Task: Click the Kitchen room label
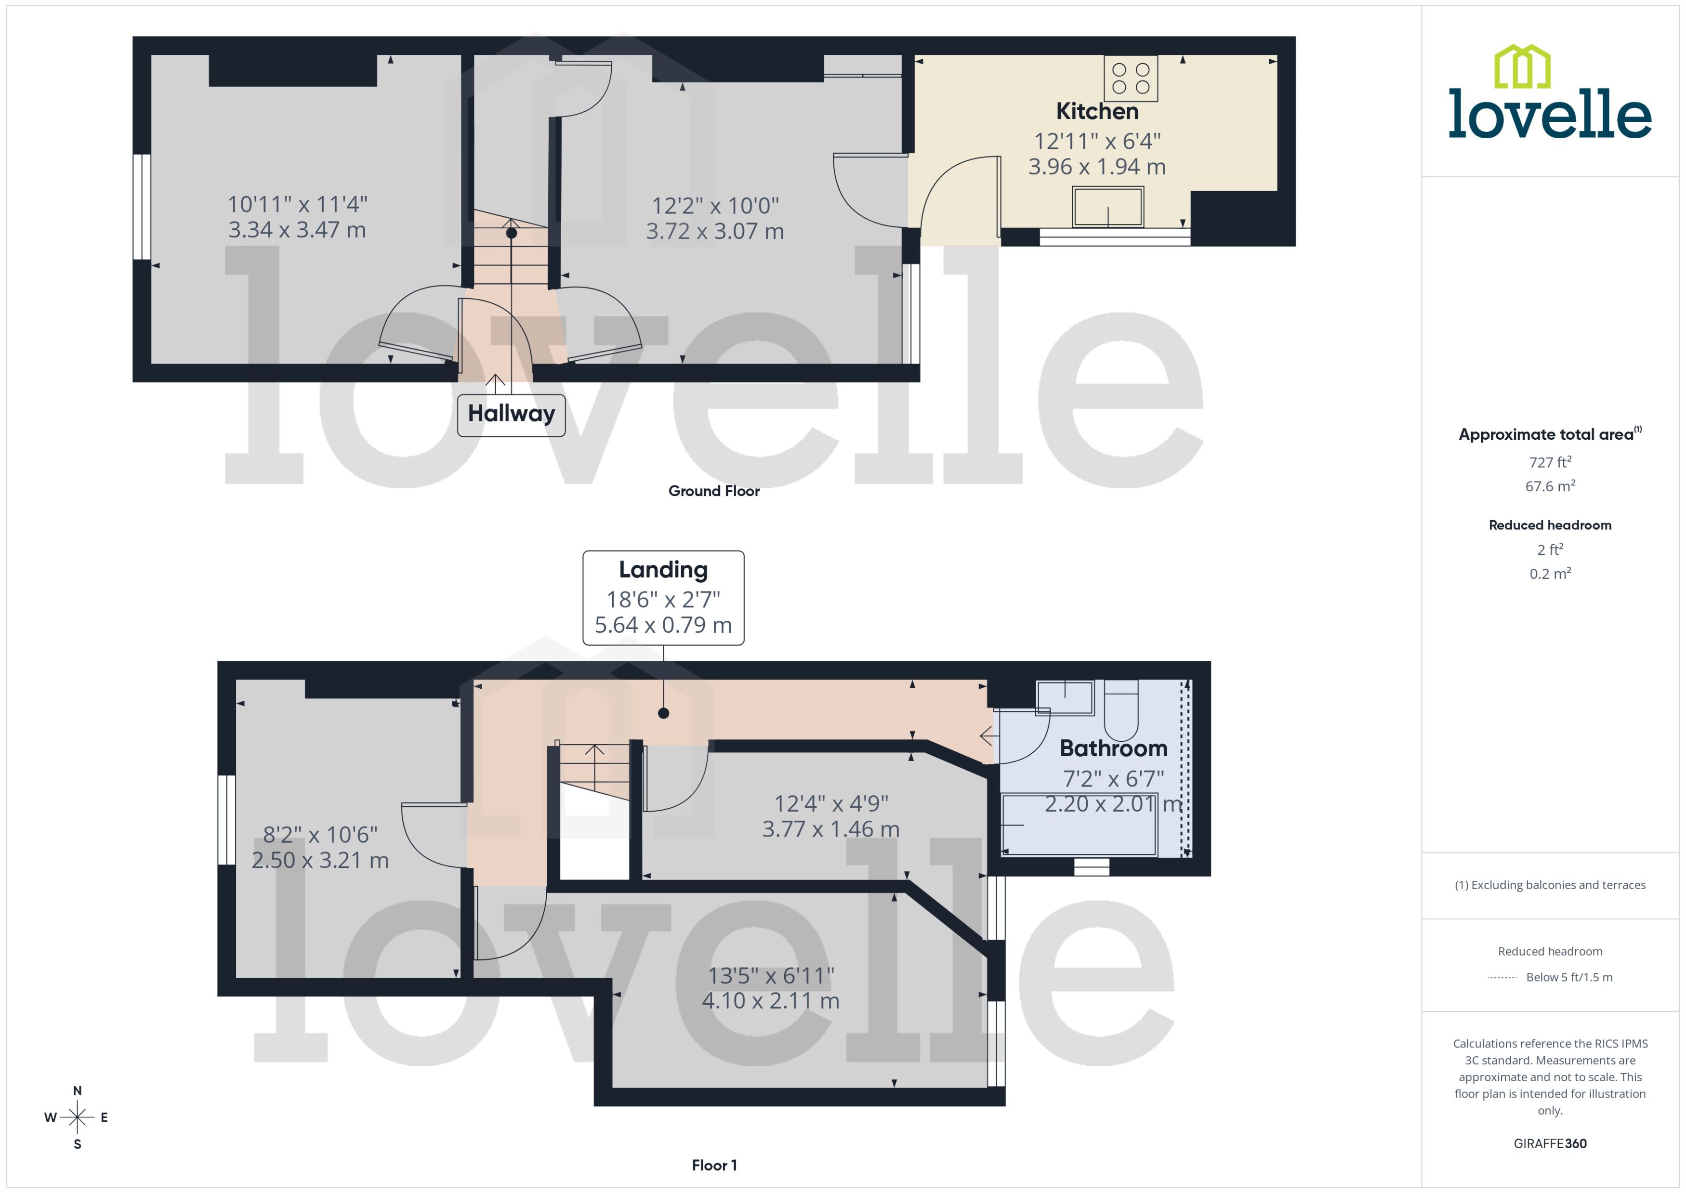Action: pyautogui.click(x=1097, y=112)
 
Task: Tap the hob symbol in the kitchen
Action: pyautogui.click(x=1131, y=79)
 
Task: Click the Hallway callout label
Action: pyautogui.click(x=511, y=414)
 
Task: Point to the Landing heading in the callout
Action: pyautogui.click(x=663, y=570)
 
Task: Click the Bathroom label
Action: pyautogui.click(x=1113, y=748)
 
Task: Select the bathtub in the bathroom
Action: pyautogui.click(x=1079, y=825)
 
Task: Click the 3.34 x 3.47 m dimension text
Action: pyautogui.click(x=297, y=230)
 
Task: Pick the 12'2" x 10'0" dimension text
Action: pyautogui.click(x=715, y=206)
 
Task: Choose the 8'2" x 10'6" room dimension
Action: pyautogui.click(x=320, y=835)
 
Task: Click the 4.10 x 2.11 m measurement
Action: pyautogui.click(x=770, y=1000)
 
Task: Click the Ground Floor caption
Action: pyautogui.click(x=713, y=491)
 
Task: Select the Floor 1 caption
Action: pyautogui.click(x=713, y=1165)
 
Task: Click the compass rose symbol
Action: pyautogui.click(x=77, y=1117)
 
